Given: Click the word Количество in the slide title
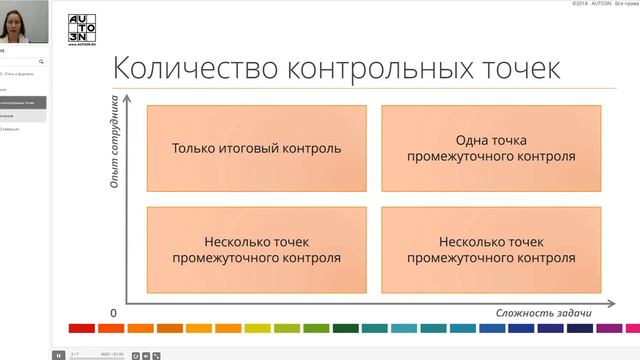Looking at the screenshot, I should tap(180, 69).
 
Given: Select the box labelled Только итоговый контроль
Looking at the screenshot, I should tap(256, 148).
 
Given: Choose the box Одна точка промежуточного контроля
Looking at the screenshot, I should tap(491, 148).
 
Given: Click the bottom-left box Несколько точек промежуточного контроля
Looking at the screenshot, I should tap(256, 249).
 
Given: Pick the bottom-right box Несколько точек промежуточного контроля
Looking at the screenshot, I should tap(491, 249).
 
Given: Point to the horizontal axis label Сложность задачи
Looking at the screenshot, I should tap(544, 313).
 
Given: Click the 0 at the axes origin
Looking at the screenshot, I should tap(113, 313).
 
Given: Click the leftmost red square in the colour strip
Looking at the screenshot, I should tap(81, 328).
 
